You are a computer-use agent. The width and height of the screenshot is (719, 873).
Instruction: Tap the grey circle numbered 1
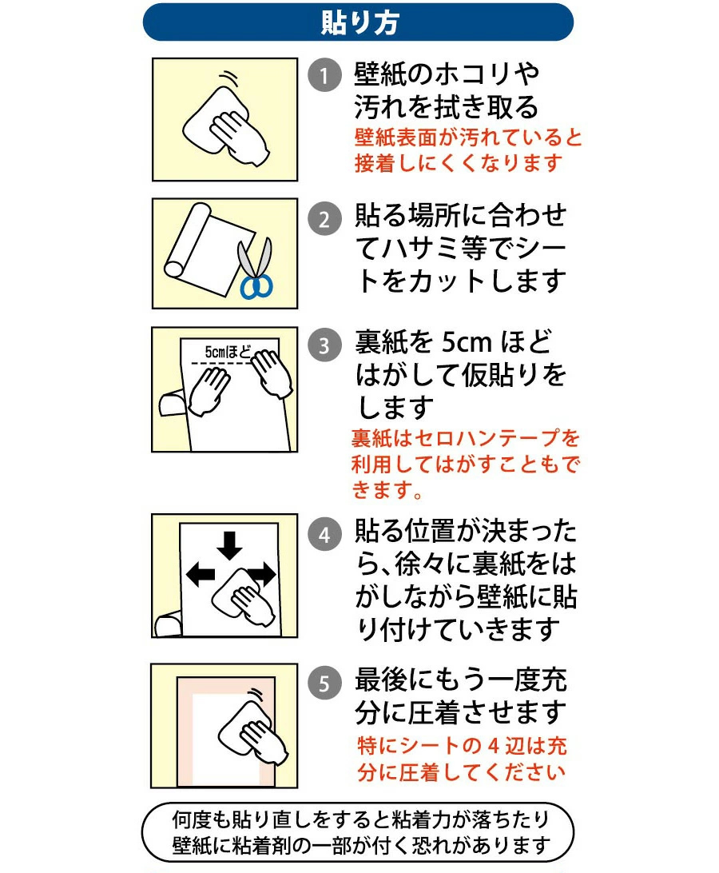pyautogui.click(x=324, y=74)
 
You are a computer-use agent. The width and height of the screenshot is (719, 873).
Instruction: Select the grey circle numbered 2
pyautogui.click(x=324, y=219)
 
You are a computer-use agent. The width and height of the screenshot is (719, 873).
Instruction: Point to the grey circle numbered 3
pyautogui.click(x=324, y=345)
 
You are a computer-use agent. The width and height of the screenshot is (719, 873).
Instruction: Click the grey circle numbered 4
pyautogui.click(x=324, y=535)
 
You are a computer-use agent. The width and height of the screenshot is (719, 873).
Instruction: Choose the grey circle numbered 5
pyautogui.click(x=324, y=684)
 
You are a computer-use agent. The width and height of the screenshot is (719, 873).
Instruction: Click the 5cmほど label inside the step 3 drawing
pyautogui.click(x=228, y=352)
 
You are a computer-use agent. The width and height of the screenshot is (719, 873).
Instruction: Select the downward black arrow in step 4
pyautogui.click(x=229, y=545)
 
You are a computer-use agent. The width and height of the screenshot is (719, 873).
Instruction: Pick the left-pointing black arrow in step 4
pyautogui.click(x=201, y=573)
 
